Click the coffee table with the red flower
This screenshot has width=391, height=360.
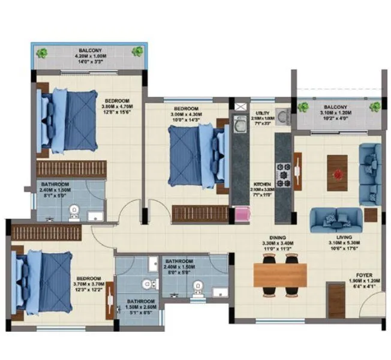(337, 172)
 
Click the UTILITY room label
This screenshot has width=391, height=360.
(262, 113)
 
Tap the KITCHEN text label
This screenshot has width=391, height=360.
(262, 184)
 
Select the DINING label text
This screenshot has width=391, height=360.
(277, 236)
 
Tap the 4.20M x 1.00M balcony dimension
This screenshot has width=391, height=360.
(88, 55)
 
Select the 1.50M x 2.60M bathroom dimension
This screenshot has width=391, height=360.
(140, 307)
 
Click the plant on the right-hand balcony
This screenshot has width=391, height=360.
(375, 106)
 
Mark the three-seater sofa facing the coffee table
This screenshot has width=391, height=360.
(335, 220)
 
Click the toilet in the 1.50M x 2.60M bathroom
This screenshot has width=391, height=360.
(145, 283)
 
